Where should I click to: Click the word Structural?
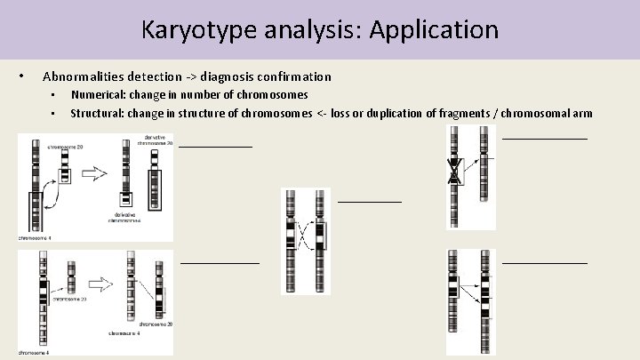click(98, 113)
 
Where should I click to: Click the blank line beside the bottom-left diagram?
click(220, 262)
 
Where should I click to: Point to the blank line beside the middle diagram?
click(370, 201)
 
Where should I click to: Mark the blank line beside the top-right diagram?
click(545, 139)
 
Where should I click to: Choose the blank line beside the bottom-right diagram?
click(545, 262)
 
